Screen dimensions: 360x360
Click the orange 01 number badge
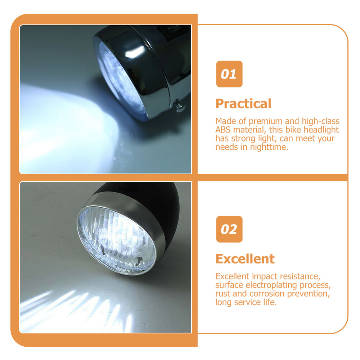point(229,74)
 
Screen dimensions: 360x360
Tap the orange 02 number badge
point(229,229)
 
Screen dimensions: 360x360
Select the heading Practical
point(243,104)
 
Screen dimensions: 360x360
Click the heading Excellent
point(245,259)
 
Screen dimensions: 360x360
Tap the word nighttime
point(269,147)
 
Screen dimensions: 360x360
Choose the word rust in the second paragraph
point(223,294)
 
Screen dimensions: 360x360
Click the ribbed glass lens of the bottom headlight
point(116,240)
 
